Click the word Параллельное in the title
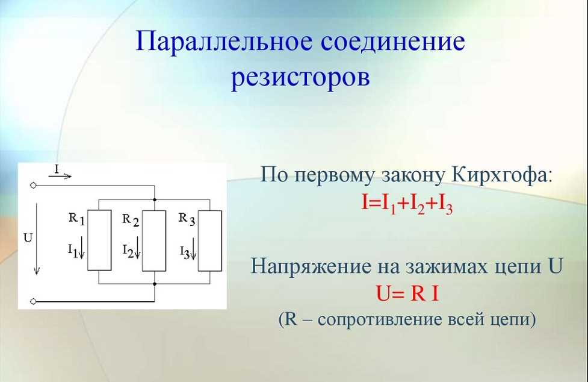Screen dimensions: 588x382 pos(223,42)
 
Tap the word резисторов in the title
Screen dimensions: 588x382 pos(300,78)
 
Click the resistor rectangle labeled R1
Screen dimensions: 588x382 pos(99,240)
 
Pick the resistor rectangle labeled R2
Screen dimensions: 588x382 pos(154,240)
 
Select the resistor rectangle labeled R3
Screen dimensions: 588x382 pos(209,240)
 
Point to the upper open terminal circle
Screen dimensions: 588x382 pos(33,186)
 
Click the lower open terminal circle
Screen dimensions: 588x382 pos(33,301)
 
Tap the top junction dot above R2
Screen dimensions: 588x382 pos(155,199)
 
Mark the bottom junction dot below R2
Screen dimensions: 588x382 pos(155,284)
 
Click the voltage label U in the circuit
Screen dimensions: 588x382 pos(28,238)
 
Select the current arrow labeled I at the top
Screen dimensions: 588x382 pos(60,175)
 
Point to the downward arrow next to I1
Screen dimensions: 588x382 pos(81,248)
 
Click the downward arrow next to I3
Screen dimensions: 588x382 pos(193,248)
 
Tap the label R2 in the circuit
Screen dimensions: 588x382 pos(131,220)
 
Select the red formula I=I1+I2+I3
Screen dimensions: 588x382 pos(407,204)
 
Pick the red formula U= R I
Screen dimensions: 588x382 pos(407,293)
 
